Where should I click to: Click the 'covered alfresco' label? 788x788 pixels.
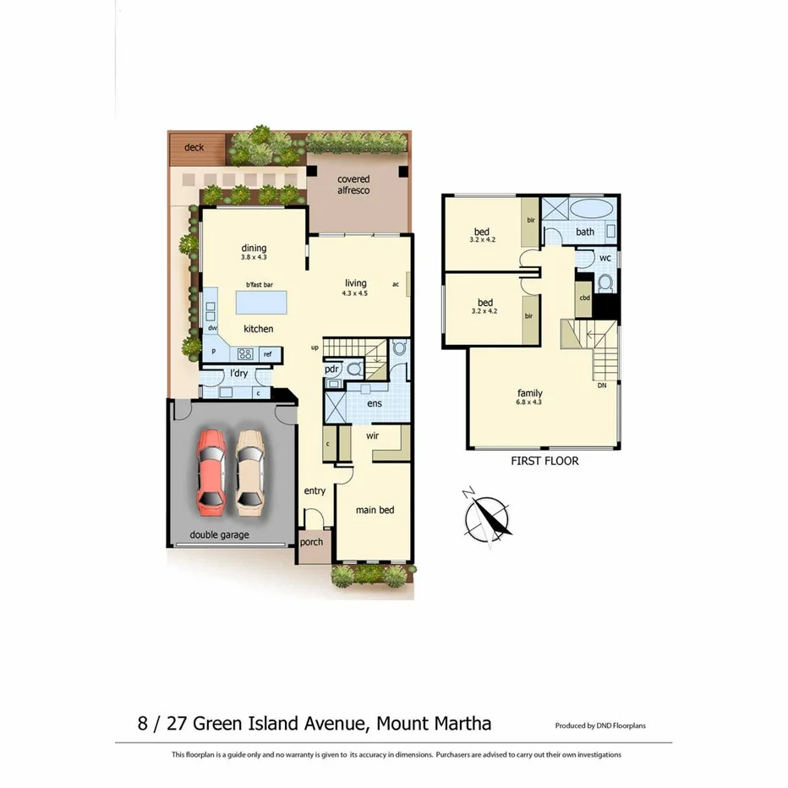coord(353,185)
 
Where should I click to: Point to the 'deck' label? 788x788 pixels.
coord(194,148)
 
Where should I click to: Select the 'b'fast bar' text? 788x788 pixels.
coord(260,285)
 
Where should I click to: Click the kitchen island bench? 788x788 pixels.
coord(260,302)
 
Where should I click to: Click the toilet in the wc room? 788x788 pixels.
coord(604,282)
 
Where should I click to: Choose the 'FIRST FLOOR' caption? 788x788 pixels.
coord(544,462)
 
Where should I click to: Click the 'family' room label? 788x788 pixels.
coord(530,393)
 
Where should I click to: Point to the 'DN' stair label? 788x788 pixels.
coord(602,386)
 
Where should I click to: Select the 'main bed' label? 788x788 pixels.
coord(375,510)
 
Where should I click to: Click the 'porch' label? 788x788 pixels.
coord(311,542)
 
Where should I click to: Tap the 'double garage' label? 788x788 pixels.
coord(219,535)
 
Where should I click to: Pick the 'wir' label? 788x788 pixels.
coord(372,436)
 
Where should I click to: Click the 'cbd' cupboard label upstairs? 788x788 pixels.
coord(583,298)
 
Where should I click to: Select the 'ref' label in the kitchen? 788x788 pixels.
coord(267,354)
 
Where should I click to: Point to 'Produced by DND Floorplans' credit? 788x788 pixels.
coord(600,725)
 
